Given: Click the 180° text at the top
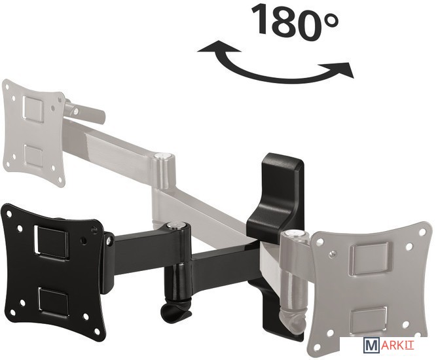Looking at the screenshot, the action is coord(295,22).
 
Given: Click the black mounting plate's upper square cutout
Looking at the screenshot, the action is coord(51,242).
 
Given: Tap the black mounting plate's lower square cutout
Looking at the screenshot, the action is coord(53,303).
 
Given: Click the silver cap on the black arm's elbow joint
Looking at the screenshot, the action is coord(175,225).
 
